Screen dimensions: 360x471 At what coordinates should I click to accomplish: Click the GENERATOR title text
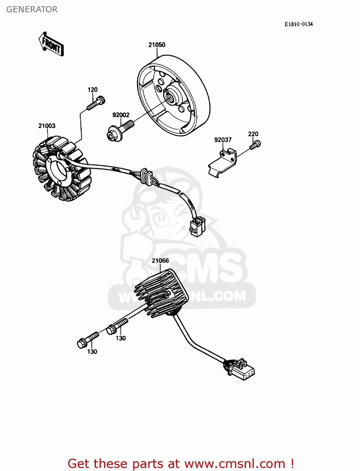pos(32,9)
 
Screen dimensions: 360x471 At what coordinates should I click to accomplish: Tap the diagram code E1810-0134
pos(298,24)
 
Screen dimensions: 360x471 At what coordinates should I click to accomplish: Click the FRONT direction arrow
pos(51,44)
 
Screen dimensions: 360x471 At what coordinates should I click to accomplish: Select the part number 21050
pos(157,45)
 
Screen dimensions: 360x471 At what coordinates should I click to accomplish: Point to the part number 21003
pos(47,126)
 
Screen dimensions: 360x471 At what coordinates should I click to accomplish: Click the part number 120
pos(93,89)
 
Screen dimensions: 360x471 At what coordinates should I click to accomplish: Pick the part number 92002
pos(121,115)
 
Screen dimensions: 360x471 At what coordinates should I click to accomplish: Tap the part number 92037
pos(223,140)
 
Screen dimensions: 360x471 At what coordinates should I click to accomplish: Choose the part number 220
pos(253,134)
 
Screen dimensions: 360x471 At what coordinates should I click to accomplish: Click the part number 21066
pos(160,261)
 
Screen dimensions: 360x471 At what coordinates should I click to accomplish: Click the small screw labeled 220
pos(255,145)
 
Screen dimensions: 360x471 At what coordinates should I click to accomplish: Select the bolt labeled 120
pos(96,103)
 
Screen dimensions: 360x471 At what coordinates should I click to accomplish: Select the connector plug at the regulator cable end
pos(239,370)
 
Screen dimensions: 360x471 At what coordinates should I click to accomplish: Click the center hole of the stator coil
pos(58,170)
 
